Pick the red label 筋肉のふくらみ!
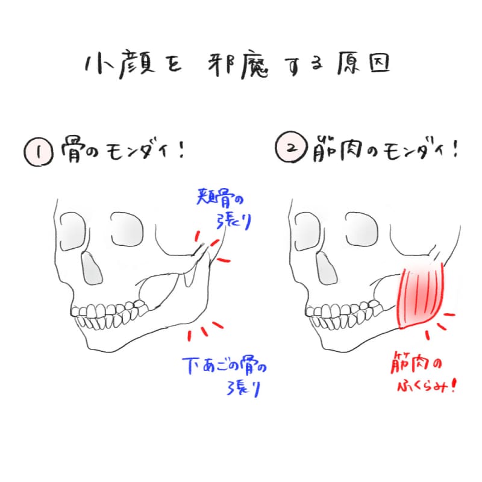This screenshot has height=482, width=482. [422, 374]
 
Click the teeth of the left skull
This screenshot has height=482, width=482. [111, 313]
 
